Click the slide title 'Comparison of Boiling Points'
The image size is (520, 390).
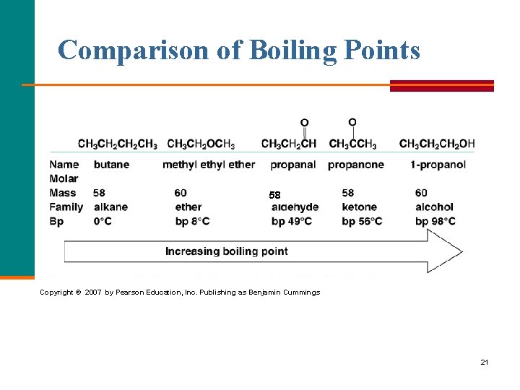click(238, 50)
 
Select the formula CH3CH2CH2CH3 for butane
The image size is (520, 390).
click(117, 144)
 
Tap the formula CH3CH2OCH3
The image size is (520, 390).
click(201, 144)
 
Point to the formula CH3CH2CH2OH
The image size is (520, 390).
click(436, 144)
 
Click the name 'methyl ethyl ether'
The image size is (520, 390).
click(209, 165)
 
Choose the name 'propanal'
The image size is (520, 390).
click(292, 165)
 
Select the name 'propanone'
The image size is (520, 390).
click(355, 165)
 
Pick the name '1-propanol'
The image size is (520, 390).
click(438, 165)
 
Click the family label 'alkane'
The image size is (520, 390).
click(110, 207)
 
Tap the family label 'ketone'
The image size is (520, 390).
click(360, 207)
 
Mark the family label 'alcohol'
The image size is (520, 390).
click(434, 207)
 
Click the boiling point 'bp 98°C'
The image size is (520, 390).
click(435, 222)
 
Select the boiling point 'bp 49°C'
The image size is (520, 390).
click(292, 222)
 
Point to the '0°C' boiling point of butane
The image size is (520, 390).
click(103, 222)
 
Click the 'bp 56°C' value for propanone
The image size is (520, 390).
click(362, 222)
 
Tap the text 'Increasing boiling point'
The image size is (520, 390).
click(226, 251)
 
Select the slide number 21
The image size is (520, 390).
click(484, 362)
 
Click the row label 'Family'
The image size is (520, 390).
click(66, 207)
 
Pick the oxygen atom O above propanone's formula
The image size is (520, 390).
click(352, 122)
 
